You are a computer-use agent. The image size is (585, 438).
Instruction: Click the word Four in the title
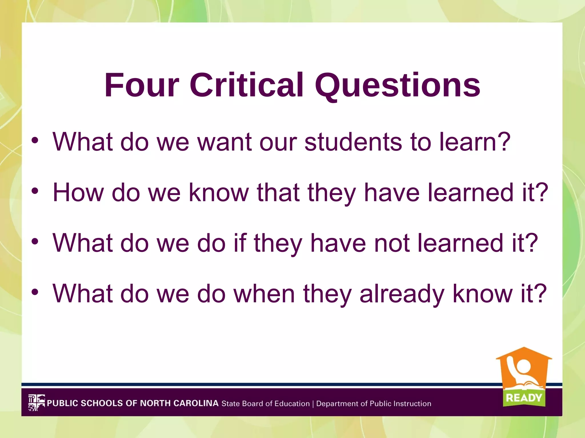142,85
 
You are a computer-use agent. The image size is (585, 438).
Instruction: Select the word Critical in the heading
246,85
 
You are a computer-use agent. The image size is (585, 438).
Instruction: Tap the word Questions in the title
397,86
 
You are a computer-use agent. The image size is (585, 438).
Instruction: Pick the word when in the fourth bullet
264,293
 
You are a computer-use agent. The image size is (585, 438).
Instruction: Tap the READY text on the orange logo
524,398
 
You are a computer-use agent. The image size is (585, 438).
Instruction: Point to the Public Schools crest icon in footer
36,403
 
